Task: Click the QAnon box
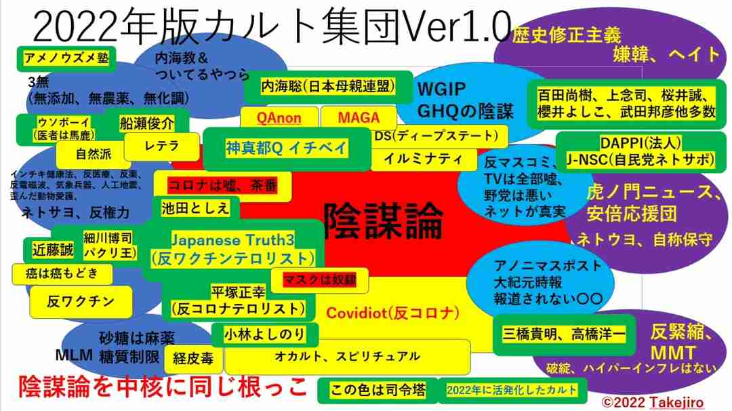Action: point(279,118)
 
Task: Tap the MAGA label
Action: point(359,118)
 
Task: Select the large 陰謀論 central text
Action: point(383,221)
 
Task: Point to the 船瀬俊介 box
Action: point(146,123)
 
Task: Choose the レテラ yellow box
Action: point(161,146)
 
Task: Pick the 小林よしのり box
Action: point(264,334)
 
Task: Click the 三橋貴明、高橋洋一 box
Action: point(564,335)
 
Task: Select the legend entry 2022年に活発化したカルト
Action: point(512,390)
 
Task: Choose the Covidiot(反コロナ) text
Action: point(393,313)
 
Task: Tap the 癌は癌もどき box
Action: point(61,274)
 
